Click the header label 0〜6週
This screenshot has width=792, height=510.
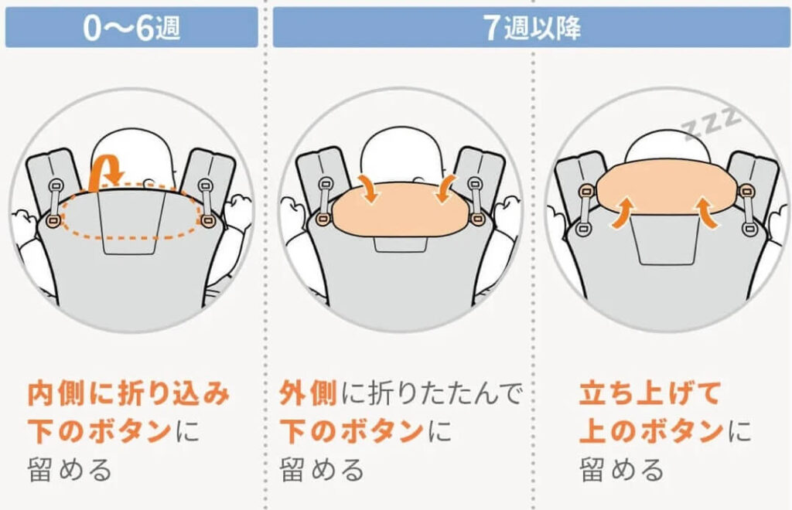pos(131,29)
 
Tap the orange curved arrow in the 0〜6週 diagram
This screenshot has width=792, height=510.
pos(104,171)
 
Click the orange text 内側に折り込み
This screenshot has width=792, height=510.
pos(128,393)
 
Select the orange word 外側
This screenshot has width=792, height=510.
pos(307,393)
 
